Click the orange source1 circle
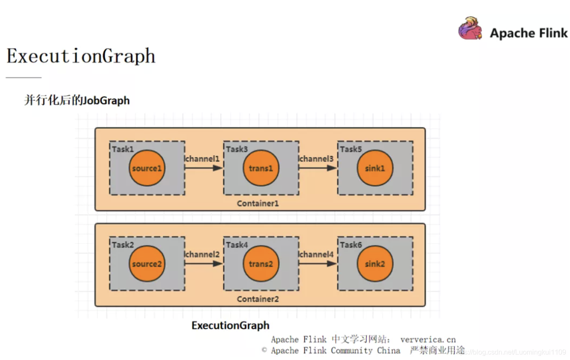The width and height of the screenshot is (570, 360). tap(147, 168)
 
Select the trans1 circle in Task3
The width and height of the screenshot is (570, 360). tap(261, 168)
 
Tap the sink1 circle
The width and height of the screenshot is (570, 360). tap(375, 168)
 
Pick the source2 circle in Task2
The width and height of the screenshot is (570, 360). tap(147, 264)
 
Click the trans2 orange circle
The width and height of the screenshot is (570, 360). tap(261, 264)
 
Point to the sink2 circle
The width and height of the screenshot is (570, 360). tap(375, 264)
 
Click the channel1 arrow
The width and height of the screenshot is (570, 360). tap(204, 168)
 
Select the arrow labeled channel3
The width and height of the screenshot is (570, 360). tap(318, 168)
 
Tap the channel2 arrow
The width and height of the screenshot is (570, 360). tap(204, 264)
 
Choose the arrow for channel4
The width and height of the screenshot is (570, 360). tap(318, 264)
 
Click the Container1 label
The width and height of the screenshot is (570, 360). tap(258, 203)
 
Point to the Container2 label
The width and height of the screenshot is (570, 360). tap(258, 299)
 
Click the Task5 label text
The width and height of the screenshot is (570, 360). tap(351, 149)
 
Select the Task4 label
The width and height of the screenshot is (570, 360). tap(237, 245)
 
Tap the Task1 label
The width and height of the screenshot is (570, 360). tap(123, 149)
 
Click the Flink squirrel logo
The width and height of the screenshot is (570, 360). tap(470, 29)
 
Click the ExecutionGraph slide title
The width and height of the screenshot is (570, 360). tap(81, 56)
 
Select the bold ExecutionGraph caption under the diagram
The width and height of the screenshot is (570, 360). tap(230, 325)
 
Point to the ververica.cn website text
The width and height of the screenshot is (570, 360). tap(428, 339)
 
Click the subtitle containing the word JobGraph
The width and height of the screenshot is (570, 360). tap(77, 100)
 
